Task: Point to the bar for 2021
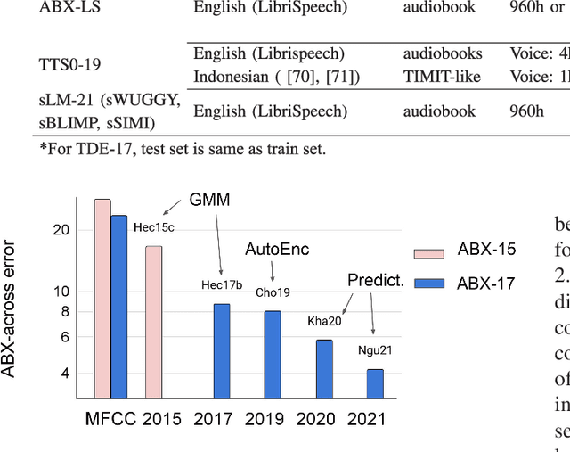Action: tap(375, 384)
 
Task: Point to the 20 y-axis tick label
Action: tap(61, 230)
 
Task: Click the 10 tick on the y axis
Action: tap(61, 292)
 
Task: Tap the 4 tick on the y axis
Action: tap(65, 374)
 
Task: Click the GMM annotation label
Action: tap(209, 201)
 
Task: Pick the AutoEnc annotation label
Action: tap(277, 250)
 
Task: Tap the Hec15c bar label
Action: tap(154, 227)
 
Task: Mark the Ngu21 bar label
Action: tap(375, 350)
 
